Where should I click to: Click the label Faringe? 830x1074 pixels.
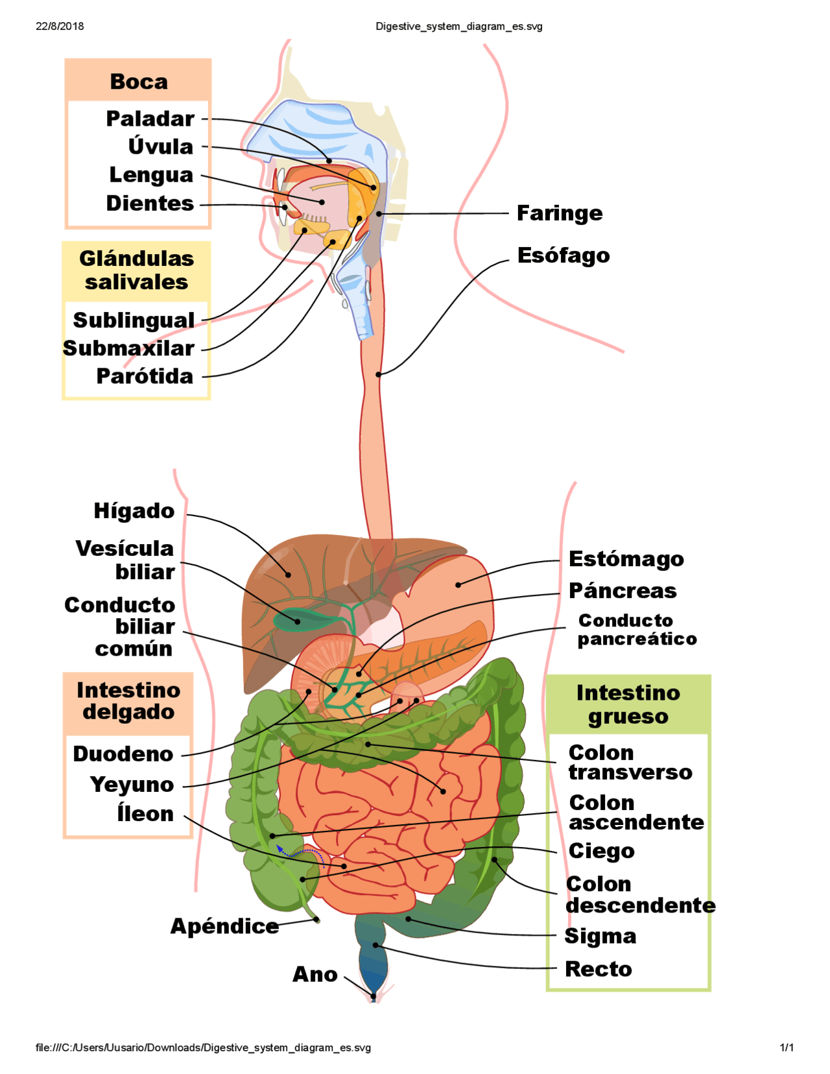point(559,213)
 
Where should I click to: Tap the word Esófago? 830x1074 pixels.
point(563,255)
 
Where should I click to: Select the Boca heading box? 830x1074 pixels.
point(138,81)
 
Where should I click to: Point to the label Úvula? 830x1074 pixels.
point(160,146)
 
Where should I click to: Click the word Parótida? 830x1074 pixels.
point(145,376)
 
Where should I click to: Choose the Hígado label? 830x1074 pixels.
point(134,510)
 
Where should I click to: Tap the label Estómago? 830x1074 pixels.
point(626,558)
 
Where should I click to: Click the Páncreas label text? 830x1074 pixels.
point(622,590)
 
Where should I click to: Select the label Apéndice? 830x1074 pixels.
point(224,925)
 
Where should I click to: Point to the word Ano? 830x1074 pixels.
point(315,973)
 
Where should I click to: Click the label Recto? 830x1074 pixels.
point(598,968)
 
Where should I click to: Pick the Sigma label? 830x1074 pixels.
point(600,936)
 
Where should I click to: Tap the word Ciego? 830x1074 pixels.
point(601,850)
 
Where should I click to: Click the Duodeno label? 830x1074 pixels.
point(123,754)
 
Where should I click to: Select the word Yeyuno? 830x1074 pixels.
point(132,784)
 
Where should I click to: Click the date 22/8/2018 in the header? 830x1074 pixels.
point(60,27)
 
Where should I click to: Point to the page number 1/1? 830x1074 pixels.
point(787,1047)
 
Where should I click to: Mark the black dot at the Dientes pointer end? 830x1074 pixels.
point(284,207)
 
